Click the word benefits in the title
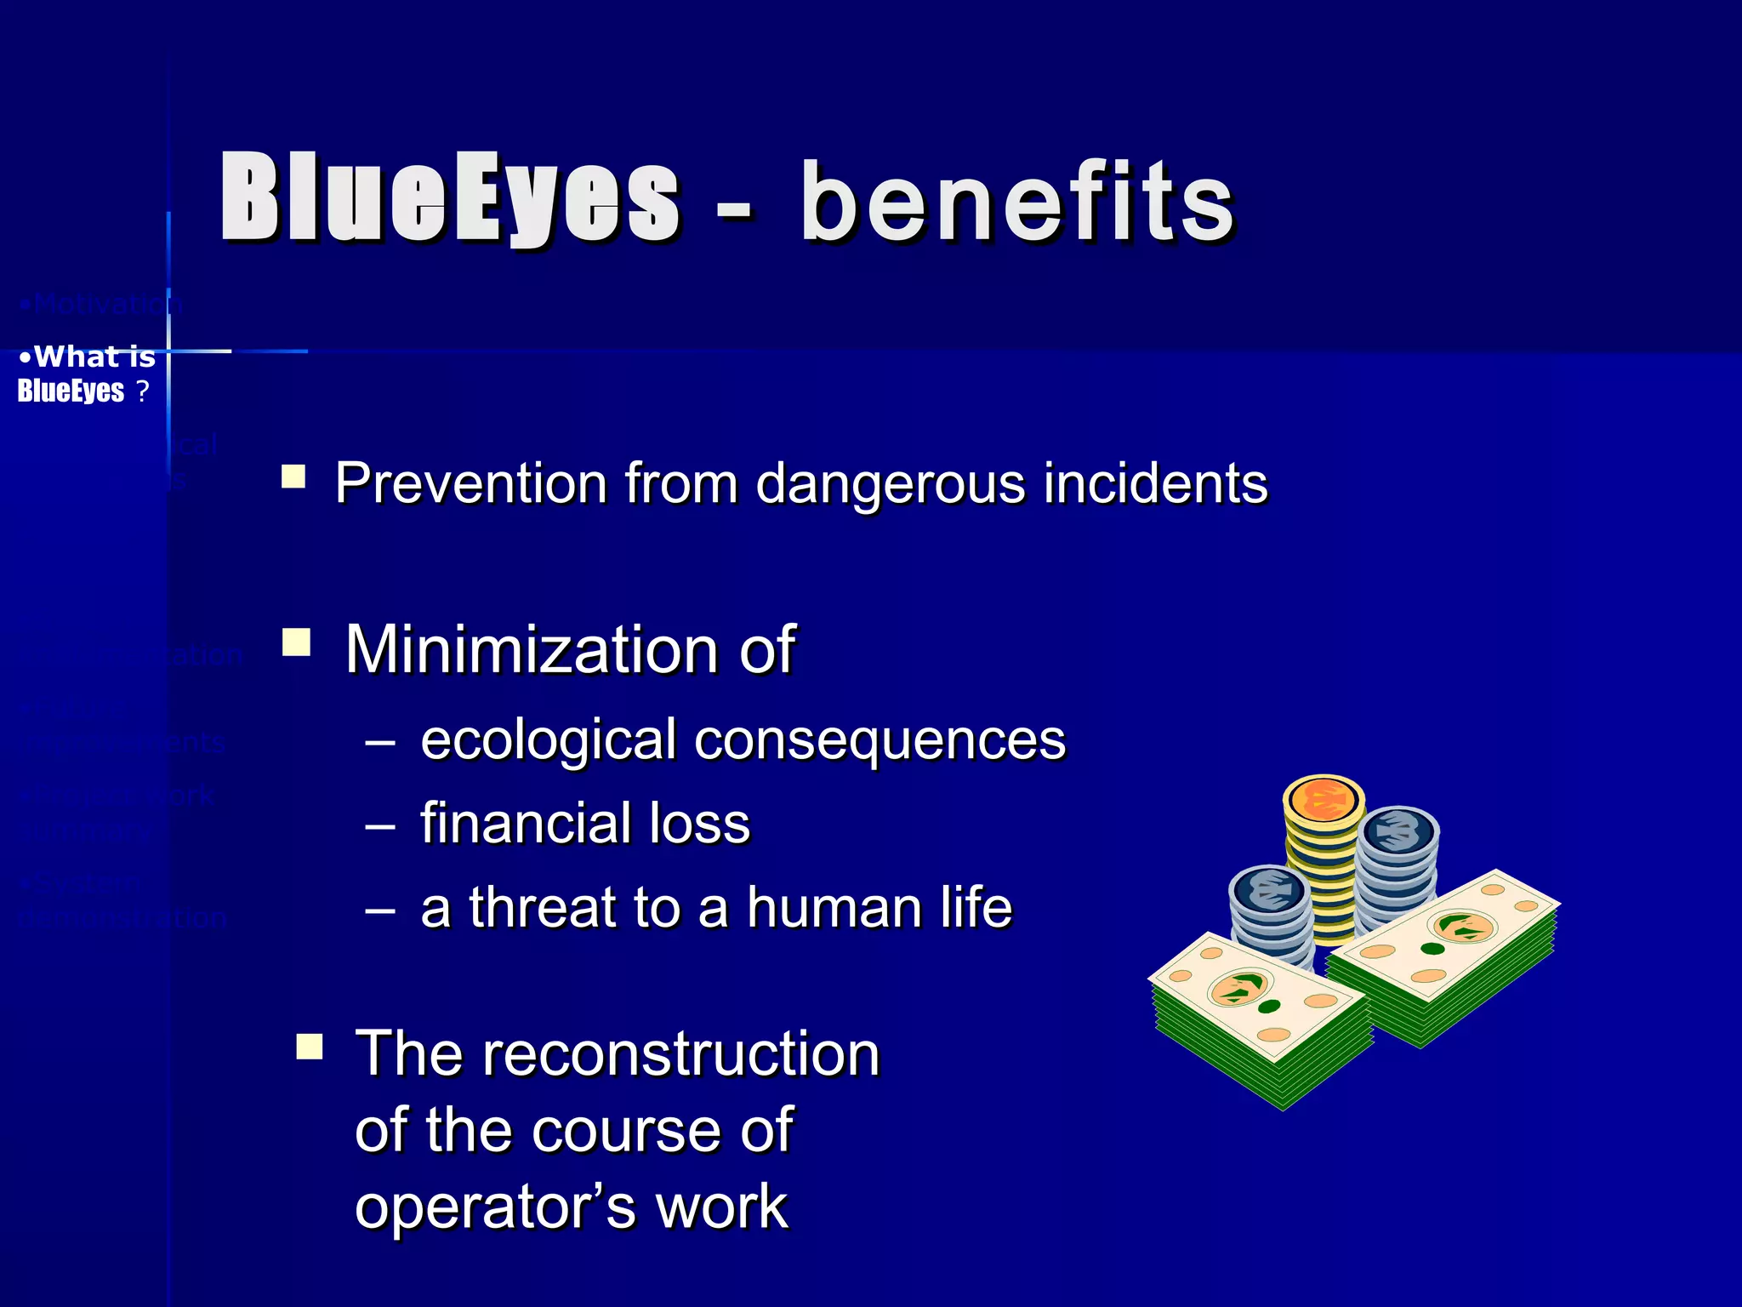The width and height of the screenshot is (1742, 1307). [x=1016, y=203]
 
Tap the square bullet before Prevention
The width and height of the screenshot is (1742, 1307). [x=293, y=476]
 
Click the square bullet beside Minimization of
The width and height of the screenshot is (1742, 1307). [x=296, y=642]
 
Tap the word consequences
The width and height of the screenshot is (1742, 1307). [x=880, y=740]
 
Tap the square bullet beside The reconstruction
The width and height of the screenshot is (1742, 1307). [x=310, y=1046]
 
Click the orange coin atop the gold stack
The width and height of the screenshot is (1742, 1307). [x=1324, y=800]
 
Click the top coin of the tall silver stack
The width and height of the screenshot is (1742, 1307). [x=1397, y=830]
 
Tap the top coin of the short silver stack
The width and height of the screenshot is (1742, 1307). [x=1269, y=889]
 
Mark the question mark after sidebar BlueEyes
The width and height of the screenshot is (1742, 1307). [x=142, y=391]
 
